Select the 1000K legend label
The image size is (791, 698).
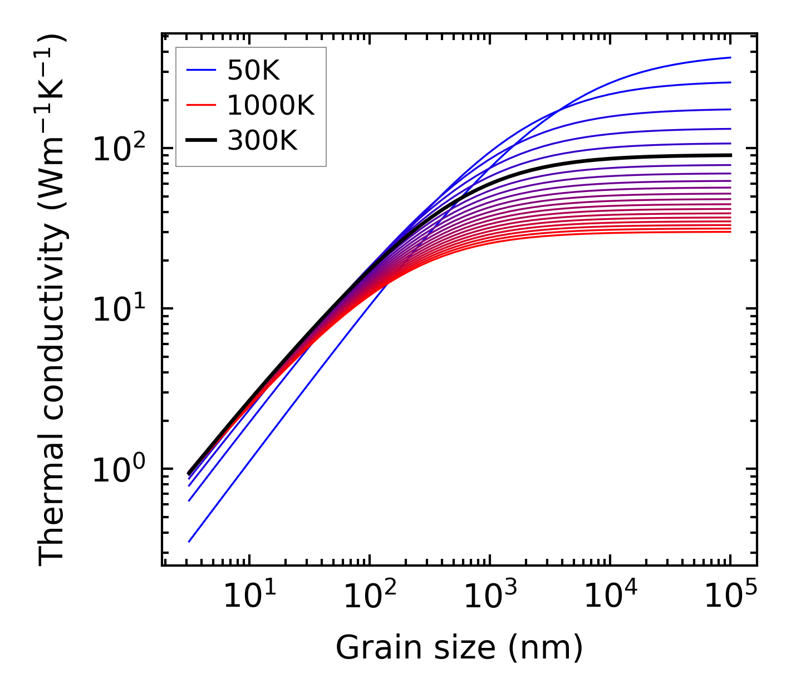tap(271, 105)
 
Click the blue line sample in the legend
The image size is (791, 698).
tap(201, 70)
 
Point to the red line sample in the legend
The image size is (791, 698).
tap(201, 105)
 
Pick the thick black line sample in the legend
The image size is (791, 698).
tap(201, 141)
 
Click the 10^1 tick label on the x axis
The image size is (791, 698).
tap(248, 597)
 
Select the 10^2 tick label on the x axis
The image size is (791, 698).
tap(369, 597)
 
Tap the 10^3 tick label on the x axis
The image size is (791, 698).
tap(489, 597)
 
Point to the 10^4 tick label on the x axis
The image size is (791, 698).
tap(610, 597)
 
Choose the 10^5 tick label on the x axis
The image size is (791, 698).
tap(730, 597)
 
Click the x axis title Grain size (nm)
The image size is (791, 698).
tap(459, 648)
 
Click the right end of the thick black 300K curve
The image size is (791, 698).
tap(730, 155)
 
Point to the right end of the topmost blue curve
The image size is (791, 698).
tap(730, 57)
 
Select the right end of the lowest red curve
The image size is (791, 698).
tap(730, 232)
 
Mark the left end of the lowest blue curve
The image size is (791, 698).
tap(189, 542)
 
